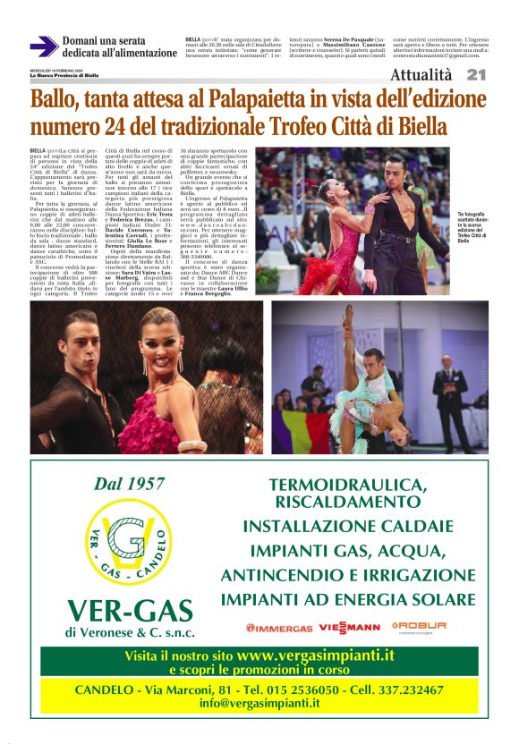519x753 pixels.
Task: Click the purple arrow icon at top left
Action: pyautogui.click(x=43, y=46)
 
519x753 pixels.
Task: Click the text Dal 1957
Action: pyautogui.click(x=130, y=484)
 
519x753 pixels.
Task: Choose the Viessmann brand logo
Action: pyautogui.click(x=343, y=627)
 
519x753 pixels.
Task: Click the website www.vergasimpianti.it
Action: pyautogui.click(x=315, y=655)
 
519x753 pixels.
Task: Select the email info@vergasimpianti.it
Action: pyautogui.click(x=259, y=703)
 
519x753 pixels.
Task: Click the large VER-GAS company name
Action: pyautogui.click(x=130, y=610)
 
